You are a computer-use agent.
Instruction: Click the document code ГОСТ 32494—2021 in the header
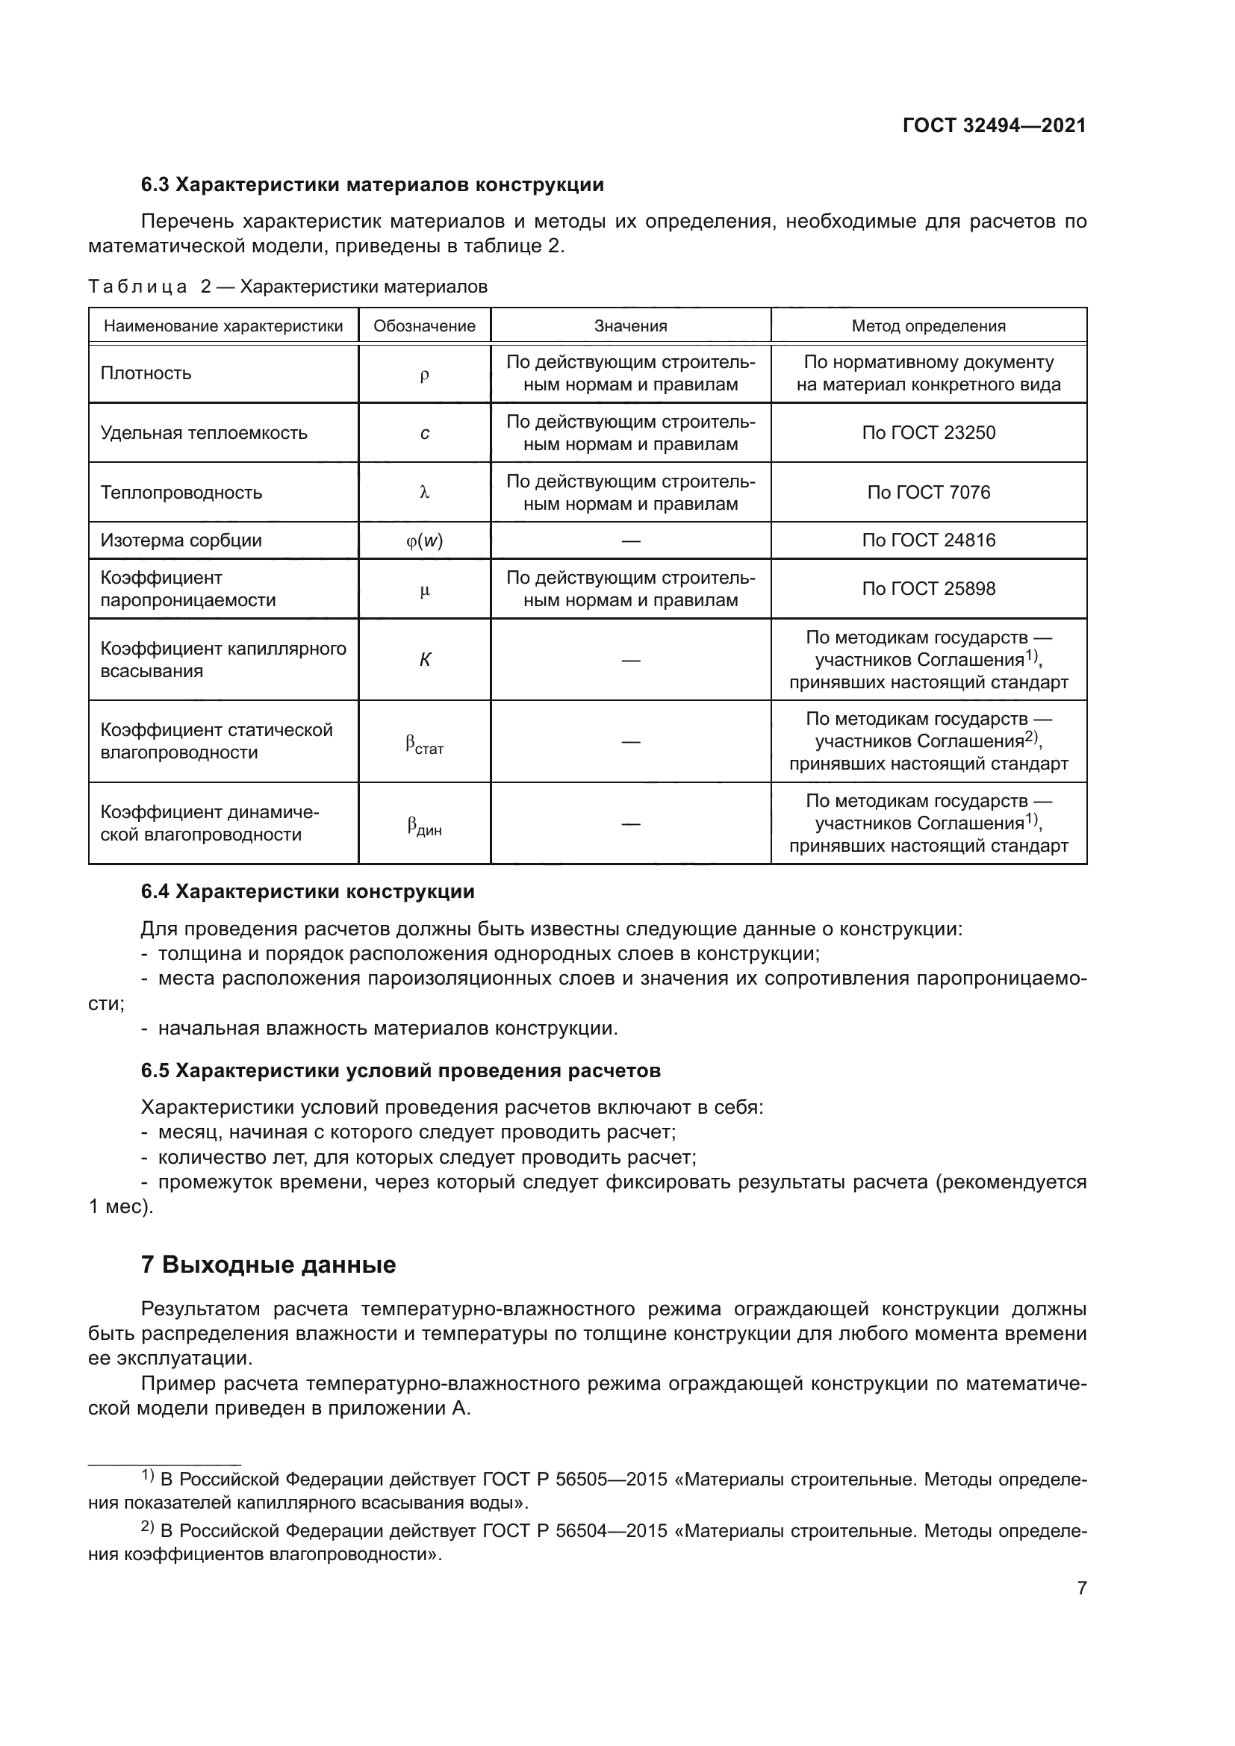[994, 125]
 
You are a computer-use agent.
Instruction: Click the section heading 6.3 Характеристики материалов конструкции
[372, 185]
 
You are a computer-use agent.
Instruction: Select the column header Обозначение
[424, 326]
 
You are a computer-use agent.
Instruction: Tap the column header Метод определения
[928, 326]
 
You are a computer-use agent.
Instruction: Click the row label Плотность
[146, 373]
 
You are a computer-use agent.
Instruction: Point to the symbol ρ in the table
[424, 374]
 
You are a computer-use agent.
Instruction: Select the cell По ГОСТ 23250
[928, 433]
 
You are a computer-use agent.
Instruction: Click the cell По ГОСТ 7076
[928, 492]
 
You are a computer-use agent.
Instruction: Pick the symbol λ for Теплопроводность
[424, 493]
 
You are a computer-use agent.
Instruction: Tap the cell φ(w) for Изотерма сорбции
[424, 540]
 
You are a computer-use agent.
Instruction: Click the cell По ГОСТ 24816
[928, 540]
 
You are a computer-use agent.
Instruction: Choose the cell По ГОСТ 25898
[928, 588]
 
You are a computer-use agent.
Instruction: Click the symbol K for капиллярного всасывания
[424, 660]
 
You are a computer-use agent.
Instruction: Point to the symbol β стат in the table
[424, 743]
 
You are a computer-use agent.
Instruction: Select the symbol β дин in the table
[424, 825]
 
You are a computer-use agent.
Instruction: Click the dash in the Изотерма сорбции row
[630, 540]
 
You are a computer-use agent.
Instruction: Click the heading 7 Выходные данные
[269, 1265]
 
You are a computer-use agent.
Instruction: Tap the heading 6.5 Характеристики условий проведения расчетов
[401, 1070]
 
